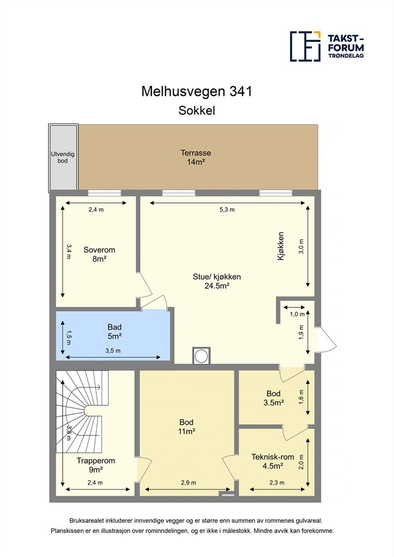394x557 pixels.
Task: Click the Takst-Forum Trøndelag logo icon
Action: pos(305,46)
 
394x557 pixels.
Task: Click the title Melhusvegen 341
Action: pos(196,91)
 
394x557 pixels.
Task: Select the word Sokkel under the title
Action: pos(196,110)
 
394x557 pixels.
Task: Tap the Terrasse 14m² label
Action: pos(196,157)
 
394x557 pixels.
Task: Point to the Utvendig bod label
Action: pos(63,157)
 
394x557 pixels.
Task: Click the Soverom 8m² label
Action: pos(99,255)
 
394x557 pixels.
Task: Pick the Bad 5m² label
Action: pos(114,331)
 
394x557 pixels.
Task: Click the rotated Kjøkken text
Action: pos(281,246)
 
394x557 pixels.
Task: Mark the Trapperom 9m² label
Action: pos(96,465)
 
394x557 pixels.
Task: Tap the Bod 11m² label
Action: pos(187,426)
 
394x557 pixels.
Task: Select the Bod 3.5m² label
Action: pos(273,398)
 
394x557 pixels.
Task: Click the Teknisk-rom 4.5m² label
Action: pos(273,461)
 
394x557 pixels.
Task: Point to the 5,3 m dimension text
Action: pos(227,209)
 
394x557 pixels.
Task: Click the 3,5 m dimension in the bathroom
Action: pos(113,351)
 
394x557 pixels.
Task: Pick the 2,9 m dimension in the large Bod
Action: pos(188,482)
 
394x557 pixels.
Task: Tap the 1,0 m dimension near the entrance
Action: pos(297,314)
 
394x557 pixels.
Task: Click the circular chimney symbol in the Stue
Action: pos(201,356)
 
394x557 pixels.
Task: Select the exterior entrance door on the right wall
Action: pos(326,339)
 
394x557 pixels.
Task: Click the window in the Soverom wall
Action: pos(104,193)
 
